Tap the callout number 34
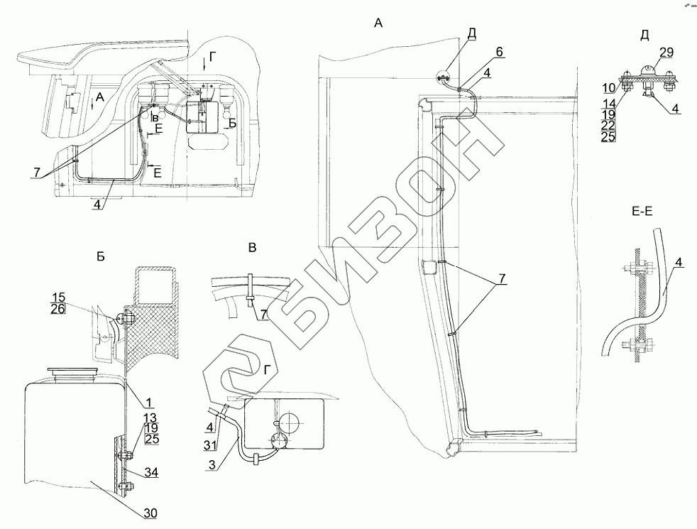[x=149, y=474]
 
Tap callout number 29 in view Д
[x=666, y=53]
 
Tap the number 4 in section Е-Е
[x=679, y=262]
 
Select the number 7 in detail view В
[x=263, y=314]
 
